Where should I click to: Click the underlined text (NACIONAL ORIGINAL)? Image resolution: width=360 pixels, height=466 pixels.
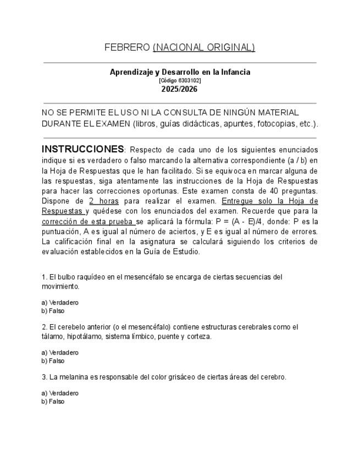[x=204, y=47]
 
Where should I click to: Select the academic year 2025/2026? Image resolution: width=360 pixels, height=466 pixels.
[x=179, y=89]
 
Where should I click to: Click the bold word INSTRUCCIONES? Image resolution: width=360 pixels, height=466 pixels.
[x=83, y=149]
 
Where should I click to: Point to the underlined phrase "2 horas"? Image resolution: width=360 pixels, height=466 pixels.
[x=104, y=201]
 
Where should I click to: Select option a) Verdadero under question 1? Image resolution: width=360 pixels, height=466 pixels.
[x=60, y=302]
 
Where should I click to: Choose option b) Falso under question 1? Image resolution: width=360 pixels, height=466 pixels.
[x=53, y=311]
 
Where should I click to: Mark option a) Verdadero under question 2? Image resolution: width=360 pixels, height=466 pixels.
[x=60, y=352]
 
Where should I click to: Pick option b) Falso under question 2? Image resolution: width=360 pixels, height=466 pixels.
[x=53, y=361]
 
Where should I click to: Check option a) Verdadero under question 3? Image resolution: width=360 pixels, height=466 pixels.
[x=60, y=393]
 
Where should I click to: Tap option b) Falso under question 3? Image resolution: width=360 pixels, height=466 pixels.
[x=53, y=402]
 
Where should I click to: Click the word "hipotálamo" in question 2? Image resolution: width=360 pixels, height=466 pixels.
[x=82, y=336]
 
